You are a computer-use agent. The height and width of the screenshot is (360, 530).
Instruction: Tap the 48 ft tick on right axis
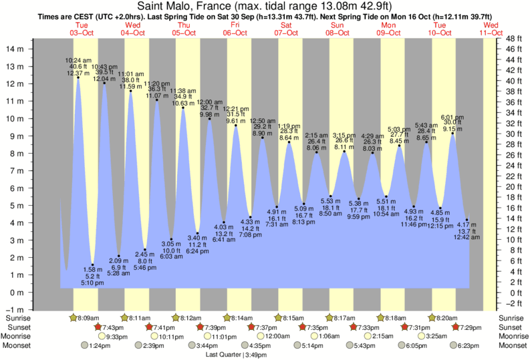[x=513, y=39]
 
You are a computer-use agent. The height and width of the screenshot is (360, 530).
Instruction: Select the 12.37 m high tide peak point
[x=78, y=77]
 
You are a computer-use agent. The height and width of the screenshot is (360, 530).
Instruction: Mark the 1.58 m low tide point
[x=92, y=265]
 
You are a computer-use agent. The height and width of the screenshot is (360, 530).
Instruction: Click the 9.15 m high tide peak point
[x=452, y=134]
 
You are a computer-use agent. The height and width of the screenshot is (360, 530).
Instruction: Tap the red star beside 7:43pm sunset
[x=98, y=327]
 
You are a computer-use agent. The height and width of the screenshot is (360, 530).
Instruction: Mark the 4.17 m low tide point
[x=467, y=220]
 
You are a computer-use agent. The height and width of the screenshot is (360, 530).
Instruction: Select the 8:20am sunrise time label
[x=447, y=318]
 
